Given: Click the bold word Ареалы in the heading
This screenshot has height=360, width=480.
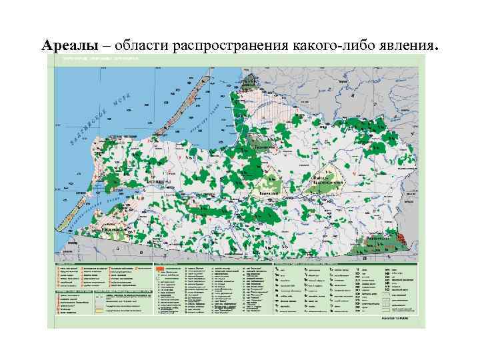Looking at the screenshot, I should (69, 46).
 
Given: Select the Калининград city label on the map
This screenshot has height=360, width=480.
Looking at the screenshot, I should (159, 181).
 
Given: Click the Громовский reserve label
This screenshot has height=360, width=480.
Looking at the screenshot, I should (265, 144).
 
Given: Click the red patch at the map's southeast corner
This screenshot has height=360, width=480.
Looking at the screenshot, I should (401, 237).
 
